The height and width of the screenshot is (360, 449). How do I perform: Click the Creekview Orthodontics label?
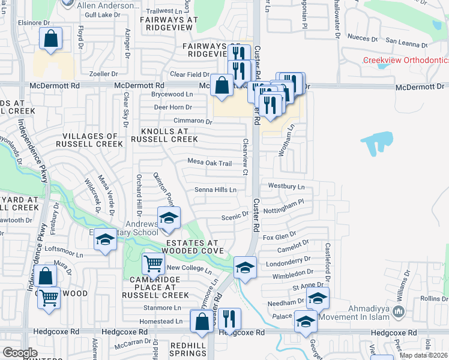[406, 61]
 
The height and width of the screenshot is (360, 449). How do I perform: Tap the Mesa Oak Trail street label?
[209, 163]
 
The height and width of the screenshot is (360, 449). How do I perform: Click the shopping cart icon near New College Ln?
[154, 263]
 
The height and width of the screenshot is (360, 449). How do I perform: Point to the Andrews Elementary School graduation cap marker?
[169, 217]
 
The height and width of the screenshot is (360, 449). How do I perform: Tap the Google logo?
[20, 353]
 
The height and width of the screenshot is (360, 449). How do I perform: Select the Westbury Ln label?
[286, 186]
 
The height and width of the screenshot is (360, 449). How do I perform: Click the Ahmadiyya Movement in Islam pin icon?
[400, 312]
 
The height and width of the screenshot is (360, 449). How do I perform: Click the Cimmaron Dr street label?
[193, 121]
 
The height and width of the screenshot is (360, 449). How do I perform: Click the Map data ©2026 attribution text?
[423, 355]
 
